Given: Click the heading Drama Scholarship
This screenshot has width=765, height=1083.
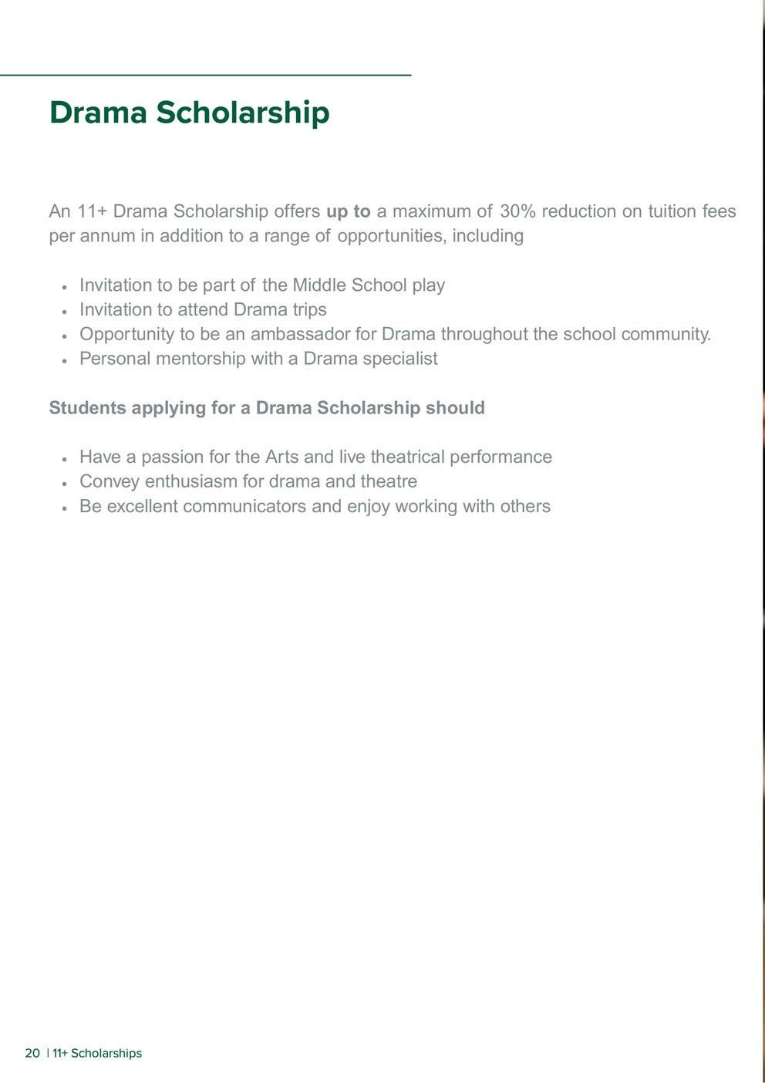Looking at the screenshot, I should coord(189,113).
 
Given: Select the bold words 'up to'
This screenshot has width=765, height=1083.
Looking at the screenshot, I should coord(349,211).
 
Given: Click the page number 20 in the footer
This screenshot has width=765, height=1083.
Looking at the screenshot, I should coord(32,1054).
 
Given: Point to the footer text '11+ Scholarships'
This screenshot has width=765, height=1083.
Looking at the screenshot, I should coord(97,1054).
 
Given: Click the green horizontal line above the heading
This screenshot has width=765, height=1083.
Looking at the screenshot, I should coord(205,75).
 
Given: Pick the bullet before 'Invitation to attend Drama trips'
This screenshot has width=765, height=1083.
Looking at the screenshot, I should coord(65,311).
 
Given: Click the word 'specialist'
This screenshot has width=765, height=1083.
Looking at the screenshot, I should coord(401,359).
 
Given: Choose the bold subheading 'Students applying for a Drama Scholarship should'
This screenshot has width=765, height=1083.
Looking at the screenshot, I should coord(267,408).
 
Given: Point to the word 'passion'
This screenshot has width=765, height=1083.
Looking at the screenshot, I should coord(172,457).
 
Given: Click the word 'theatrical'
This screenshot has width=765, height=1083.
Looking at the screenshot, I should coord(407,457).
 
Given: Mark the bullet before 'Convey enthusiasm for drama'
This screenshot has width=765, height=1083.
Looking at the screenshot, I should coord(65,483).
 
